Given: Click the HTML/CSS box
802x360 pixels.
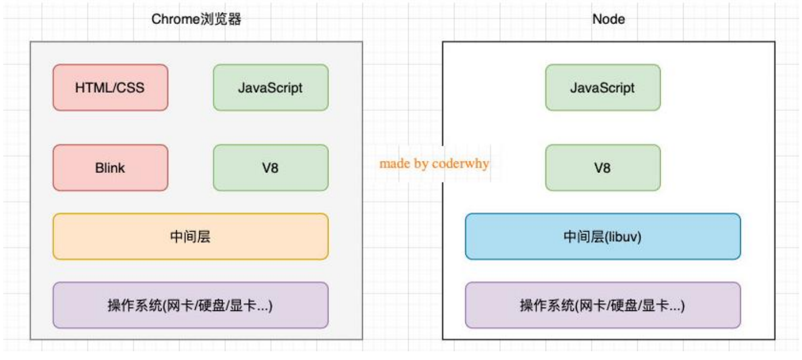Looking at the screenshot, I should click(110, 87).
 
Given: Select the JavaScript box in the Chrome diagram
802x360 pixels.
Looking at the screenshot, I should click(271, 87).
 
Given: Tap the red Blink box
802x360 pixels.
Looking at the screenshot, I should click(110, 167).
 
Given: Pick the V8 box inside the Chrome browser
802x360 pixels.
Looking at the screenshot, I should click(271, 167).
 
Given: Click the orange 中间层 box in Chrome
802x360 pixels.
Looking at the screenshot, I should click(190, 236).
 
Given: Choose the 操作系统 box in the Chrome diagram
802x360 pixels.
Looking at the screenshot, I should click(190, 305).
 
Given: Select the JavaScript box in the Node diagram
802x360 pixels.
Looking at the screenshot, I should click(603, 87).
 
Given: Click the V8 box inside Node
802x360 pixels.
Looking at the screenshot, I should click(603, 167).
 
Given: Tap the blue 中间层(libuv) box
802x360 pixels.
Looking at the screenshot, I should click(603, 236).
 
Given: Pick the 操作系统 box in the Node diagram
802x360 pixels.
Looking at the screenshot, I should click(603, 305).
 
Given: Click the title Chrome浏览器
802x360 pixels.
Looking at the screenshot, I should click(196, 20).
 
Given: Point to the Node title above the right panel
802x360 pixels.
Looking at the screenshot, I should click(608, 20).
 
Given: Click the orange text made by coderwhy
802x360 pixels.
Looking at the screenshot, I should click(434, 164).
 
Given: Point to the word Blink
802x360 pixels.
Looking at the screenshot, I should click(110, 167).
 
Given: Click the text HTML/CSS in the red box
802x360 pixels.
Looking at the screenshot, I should click(110, 87).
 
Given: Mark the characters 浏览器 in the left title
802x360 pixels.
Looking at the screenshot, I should click(221, 20).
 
